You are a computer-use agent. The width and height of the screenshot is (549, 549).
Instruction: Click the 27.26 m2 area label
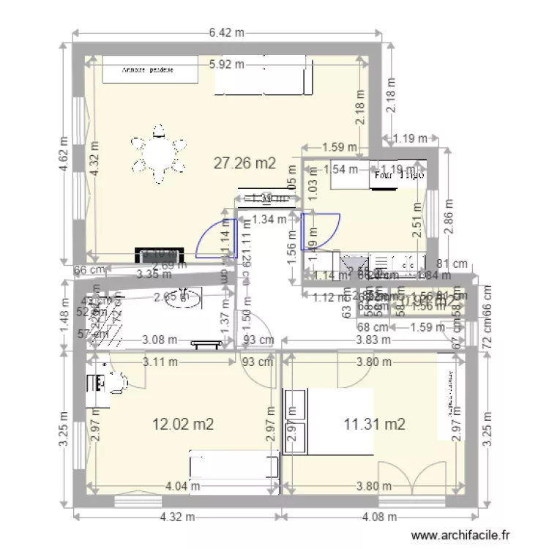point(244,163)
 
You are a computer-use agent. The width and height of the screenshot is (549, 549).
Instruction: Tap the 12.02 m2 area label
point(183,424)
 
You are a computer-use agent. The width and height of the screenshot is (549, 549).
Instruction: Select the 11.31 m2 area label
point(375,422)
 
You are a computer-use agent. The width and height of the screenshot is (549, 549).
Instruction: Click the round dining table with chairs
point(158,154)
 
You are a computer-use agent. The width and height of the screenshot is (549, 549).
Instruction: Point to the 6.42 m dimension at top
point(226,32)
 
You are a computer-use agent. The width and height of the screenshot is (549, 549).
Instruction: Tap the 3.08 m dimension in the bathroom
point(160,340)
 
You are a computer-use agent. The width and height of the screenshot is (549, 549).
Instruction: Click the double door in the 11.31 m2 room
point(413,477)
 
